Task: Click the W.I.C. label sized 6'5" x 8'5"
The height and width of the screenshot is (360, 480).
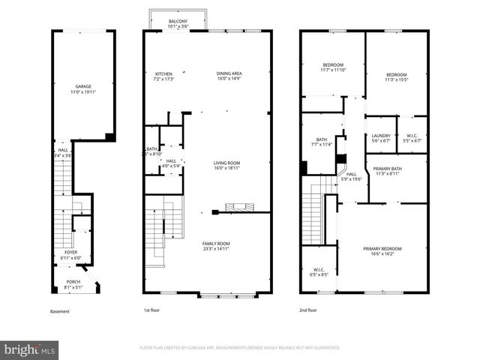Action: (x=319, y=272)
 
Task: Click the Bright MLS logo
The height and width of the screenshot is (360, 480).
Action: (x=30, y=349)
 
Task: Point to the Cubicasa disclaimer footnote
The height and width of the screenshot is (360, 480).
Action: (x=240, y=347)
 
